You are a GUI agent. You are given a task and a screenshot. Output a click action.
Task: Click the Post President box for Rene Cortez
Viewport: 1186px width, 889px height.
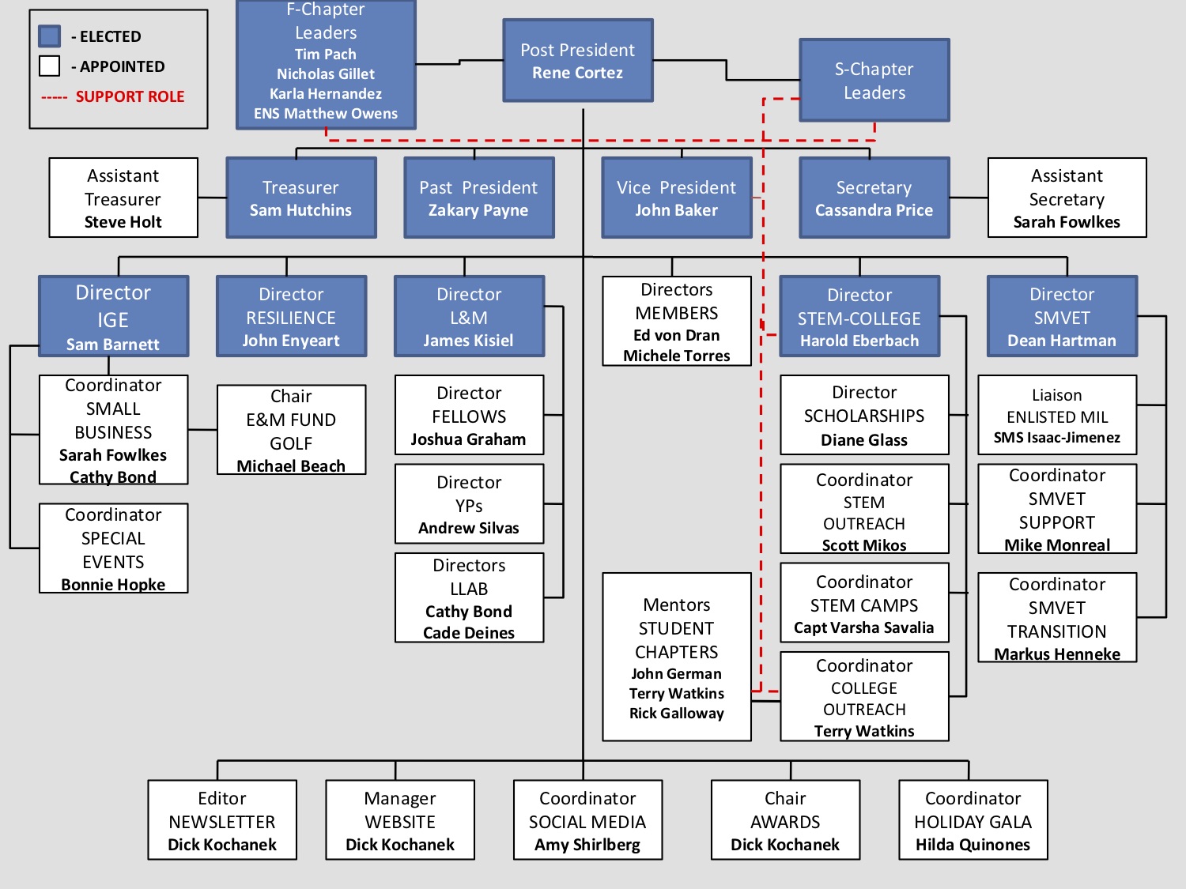pyautogui.click(x=578, y=61)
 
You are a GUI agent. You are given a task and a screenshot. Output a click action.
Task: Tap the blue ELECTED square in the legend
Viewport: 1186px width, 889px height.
pyautogui.click(x=50, y=36)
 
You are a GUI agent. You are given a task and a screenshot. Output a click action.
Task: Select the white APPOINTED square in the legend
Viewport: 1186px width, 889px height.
pyautogui.click(x=50, y=66)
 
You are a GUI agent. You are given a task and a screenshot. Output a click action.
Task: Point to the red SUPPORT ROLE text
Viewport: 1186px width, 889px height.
pyautogui.click(x=130, y=96)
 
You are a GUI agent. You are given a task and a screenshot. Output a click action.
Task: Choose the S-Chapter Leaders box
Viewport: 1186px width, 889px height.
pyautogui.click(x=874, y=81)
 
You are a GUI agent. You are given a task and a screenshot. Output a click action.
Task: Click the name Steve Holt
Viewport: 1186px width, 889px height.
pyautogui.click(x=123, y=222)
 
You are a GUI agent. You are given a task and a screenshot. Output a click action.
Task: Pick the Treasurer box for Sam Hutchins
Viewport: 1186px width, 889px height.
pyautogui.click(x=301, y=198)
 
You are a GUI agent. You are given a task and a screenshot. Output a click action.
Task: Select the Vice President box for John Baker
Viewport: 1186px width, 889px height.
pyautogui.click(x=677, y=198)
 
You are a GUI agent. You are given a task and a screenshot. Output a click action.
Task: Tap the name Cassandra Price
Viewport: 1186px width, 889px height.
pyautogui.click(x=874, y=210)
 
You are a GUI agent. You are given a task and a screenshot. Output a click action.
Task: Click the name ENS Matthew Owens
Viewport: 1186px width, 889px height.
pyautogui.click(x=326, y=114)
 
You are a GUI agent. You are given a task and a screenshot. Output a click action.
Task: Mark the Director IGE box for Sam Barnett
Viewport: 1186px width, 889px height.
pyautogui.click(x=113, y=316)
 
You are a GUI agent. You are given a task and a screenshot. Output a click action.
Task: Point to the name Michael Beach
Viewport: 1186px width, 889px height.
pyautogui.click(x=291, y=466)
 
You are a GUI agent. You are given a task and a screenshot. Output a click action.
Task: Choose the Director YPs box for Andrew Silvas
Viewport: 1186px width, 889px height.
pyautogui.click(x=469, y=504)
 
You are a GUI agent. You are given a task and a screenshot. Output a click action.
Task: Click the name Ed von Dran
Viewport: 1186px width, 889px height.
pyautogui.click(x=677, y=335)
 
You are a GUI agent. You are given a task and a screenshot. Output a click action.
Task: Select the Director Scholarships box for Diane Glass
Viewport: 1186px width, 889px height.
pyautogui.click(x=864, y=415)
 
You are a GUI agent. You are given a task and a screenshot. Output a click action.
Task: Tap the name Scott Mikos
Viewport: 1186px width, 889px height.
pyautogui.click(x=864, y=545)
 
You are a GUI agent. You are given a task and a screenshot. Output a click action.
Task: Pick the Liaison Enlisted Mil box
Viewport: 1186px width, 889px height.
pyautogui.click(x=1057, y=415)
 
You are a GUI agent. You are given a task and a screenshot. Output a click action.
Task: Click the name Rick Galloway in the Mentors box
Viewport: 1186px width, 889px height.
pyautogui.click(x=677, y=713)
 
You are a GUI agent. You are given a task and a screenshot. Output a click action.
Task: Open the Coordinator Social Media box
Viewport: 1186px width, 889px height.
pyautogui.click(x=587, y=820)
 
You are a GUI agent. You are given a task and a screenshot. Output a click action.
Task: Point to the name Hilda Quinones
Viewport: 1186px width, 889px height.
pyautogui.click(x=973, y=845)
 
